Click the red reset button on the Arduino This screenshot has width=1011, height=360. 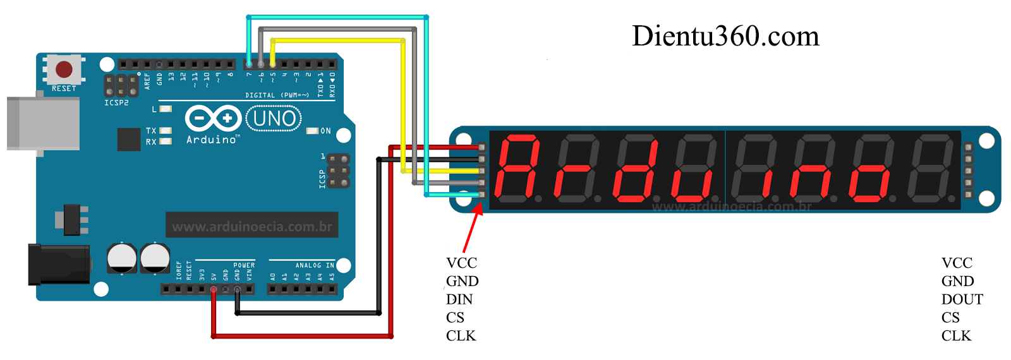click(64, 69)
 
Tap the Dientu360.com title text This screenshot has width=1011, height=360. click(725, 37)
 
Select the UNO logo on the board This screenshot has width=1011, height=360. click(274, 119)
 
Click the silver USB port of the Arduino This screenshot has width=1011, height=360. click(43, 123)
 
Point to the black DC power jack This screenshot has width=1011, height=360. click(58, 265)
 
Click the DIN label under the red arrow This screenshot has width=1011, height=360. click(459, 299)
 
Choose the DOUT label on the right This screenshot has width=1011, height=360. click(962, 299)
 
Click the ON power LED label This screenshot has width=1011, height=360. click(325, 131)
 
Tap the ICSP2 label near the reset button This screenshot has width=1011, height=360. click(116, 102)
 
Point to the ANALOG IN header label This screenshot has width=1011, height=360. click(315, 265)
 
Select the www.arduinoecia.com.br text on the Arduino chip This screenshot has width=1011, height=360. click(252, 226)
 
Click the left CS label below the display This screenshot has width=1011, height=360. click(455, 318)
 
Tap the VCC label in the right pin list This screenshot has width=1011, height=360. click(957, 263)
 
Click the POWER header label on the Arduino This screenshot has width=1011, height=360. click(244, 265)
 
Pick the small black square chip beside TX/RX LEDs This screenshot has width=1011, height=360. click(129, 139)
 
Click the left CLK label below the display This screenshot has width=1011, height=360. click(461, 336)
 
